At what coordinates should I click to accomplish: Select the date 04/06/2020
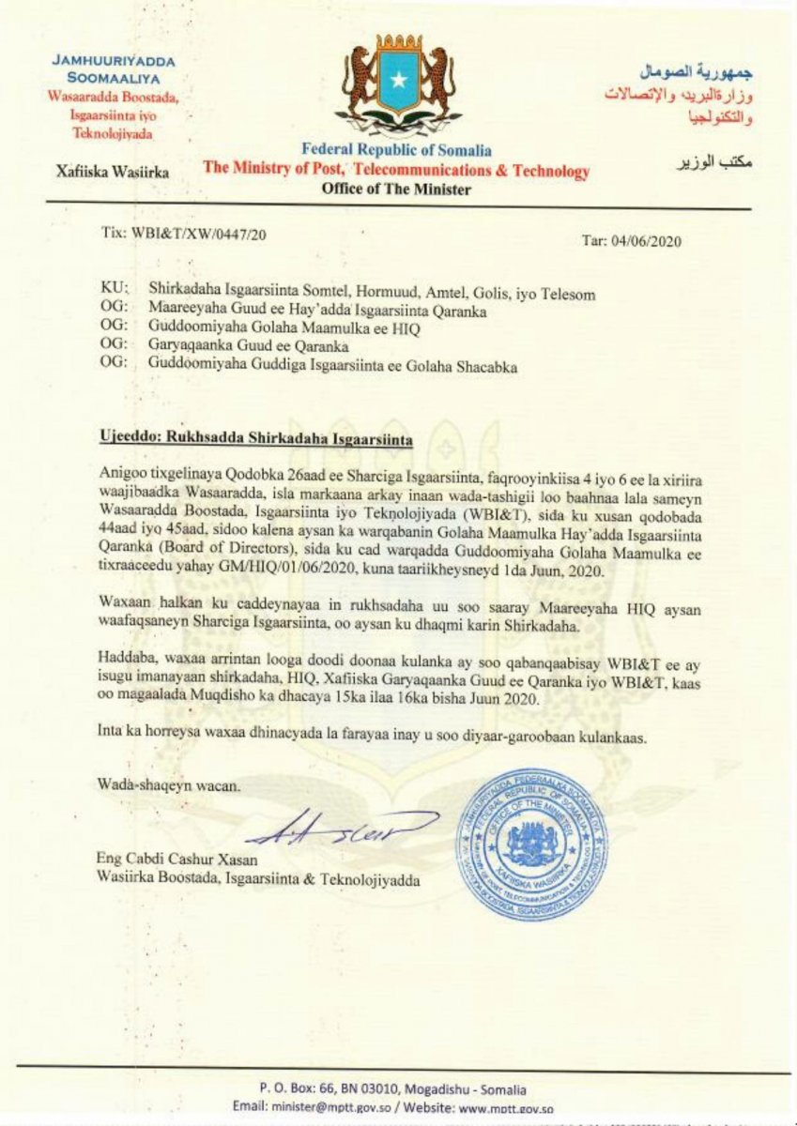point(647,241)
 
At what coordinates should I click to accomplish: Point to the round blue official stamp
point(531,843)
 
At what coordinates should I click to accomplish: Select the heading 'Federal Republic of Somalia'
point(396,150)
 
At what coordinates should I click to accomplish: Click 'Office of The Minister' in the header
point(396,189)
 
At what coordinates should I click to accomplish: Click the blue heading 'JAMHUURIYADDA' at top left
point(115,61)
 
